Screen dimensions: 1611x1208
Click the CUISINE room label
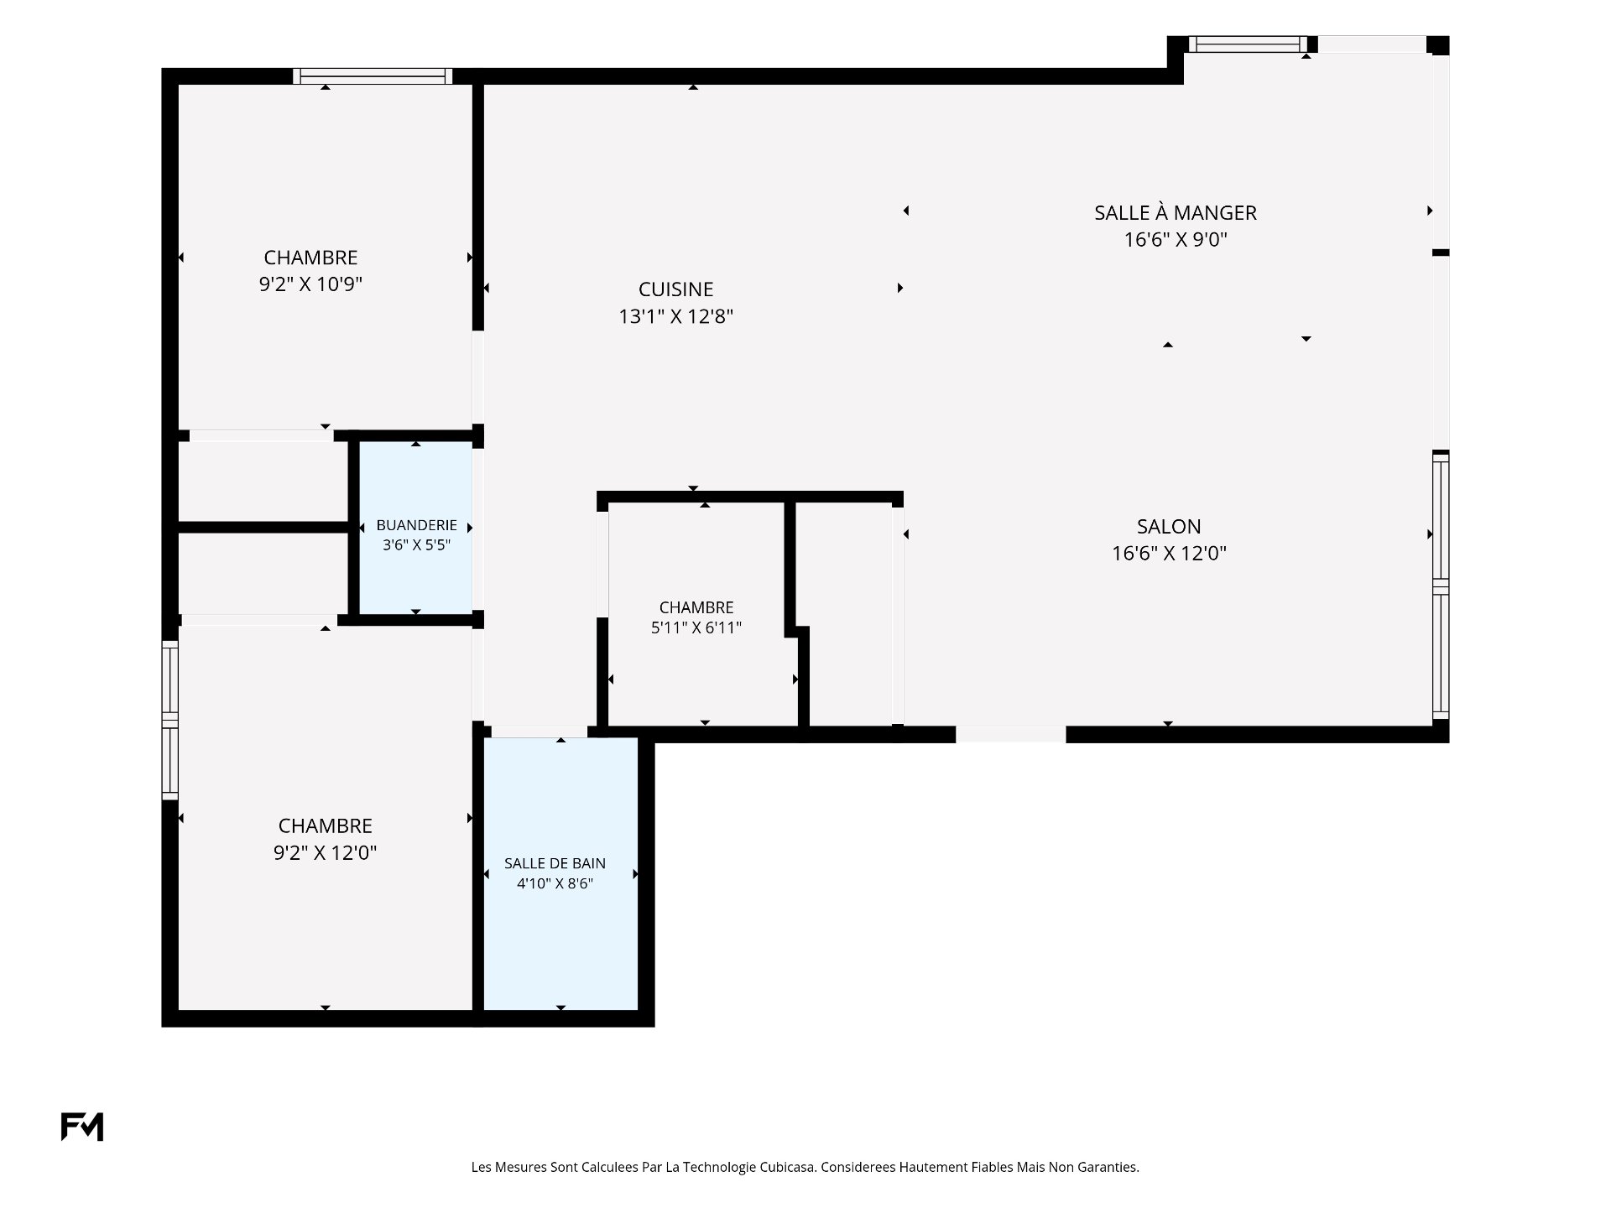675,289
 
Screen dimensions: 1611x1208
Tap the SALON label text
1169,527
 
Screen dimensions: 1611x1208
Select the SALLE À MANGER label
1176,212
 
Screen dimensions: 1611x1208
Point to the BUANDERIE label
416,525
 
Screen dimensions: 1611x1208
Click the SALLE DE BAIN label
555,863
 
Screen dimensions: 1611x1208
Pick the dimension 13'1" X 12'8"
676,316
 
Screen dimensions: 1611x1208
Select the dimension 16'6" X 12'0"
1169,554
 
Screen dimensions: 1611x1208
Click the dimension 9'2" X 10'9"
310,284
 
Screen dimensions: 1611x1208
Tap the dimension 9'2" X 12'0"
325,853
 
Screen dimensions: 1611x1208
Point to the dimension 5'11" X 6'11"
696,627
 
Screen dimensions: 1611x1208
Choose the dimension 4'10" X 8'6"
555,883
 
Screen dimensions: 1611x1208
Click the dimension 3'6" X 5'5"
416,544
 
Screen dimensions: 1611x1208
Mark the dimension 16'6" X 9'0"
1176,240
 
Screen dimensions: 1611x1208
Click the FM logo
82,1127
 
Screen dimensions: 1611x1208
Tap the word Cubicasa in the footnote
787,1167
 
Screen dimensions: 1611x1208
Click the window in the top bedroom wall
373,76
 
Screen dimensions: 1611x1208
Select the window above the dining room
1248,44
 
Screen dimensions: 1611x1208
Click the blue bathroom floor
560,873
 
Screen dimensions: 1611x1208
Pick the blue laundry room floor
415,528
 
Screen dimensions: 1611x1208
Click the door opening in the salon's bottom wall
1010,734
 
